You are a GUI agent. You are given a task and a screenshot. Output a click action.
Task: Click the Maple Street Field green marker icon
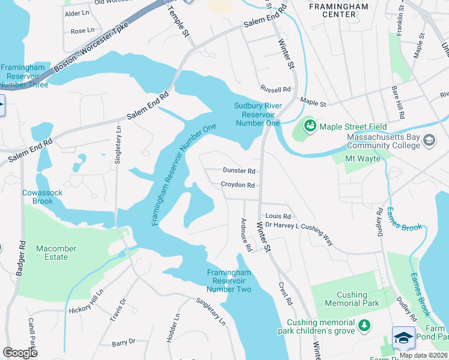coord(310,126)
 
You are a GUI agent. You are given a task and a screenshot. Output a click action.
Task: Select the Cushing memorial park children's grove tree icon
coord(364,326)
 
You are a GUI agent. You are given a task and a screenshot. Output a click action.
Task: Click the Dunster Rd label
coord(239,171)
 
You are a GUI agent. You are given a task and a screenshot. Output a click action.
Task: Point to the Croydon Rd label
coord(238,185)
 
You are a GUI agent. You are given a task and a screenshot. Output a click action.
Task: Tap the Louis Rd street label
coord(278,216)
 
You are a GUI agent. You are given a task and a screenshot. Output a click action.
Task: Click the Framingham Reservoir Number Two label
coord(229,281)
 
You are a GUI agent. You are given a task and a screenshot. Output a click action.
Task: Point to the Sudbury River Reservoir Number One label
coord(257,114)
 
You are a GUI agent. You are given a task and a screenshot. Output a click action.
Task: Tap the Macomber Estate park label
coord(60,253)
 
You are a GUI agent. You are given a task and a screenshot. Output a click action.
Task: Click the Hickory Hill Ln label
coord(86,301)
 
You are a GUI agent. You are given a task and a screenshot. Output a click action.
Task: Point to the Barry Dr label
coord(124,343)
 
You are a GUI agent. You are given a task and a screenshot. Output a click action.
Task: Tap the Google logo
coord(20,353)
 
